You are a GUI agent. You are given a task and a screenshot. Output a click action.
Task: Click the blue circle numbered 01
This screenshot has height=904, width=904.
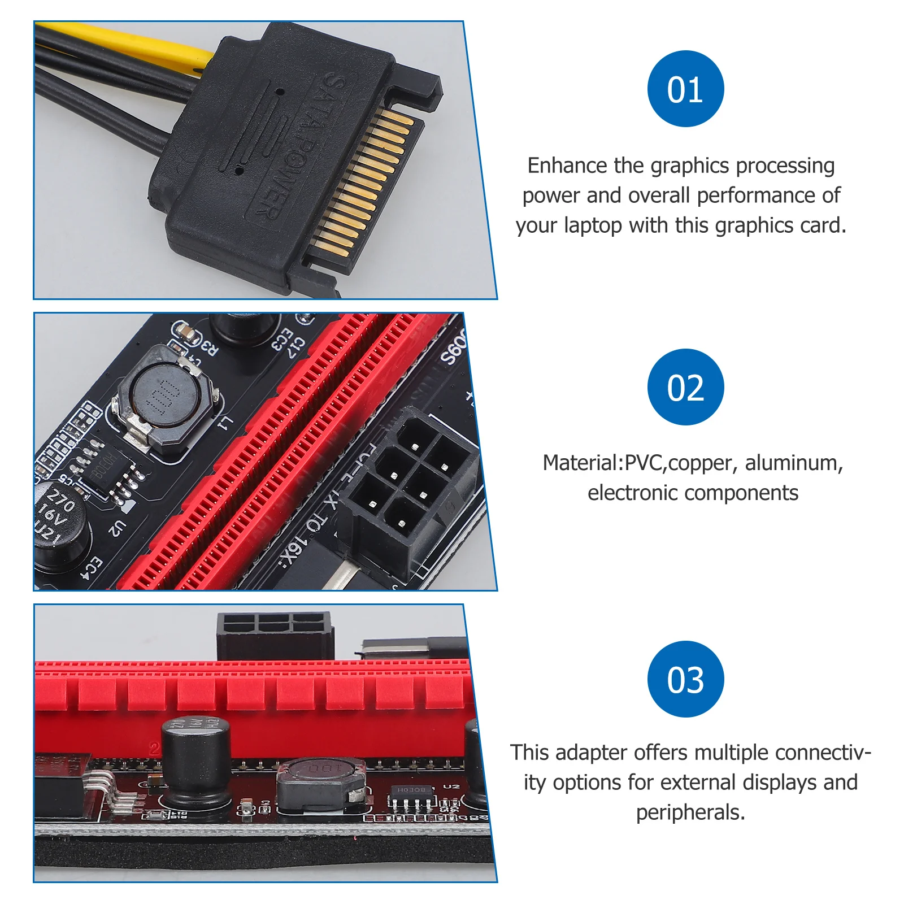(x=685, y=89)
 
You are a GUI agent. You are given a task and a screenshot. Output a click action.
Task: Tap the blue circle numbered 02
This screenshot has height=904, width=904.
(x=685, y=387)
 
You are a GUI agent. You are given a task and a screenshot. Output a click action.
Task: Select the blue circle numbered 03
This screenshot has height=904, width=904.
(x=685, y=679)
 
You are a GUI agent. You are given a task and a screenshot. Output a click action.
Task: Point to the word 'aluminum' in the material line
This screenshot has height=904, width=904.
(x=794, y=463)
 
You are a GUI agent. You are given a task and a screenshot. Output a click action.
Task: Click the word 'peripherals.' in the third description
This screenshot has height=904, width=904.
(x=690, y=812)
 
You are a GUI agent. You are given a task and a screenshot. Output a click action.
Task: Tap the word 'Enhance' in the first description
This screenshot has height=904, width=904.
(x=568, y=166)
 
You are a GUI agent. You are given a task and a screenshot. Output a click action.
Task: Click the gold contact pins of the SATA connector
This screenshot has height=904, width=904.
(x=362, y=181)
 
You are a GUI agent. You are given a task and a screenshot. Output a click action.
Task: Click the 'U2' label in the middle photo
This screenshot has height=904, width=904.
(x=116, y=528)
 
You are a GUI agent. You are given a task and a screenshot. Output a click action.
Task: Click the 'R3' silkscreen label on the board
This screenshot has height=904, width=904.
(x=208, y=347)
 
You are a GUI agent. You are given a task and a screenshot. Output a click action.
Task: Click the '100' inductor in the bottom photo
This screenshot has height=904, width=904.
(x=319, y=783)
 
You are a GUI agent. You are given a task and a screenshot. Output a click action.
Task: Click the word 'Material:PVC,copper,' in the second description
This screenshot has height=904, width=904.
(x=637, y=463)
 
